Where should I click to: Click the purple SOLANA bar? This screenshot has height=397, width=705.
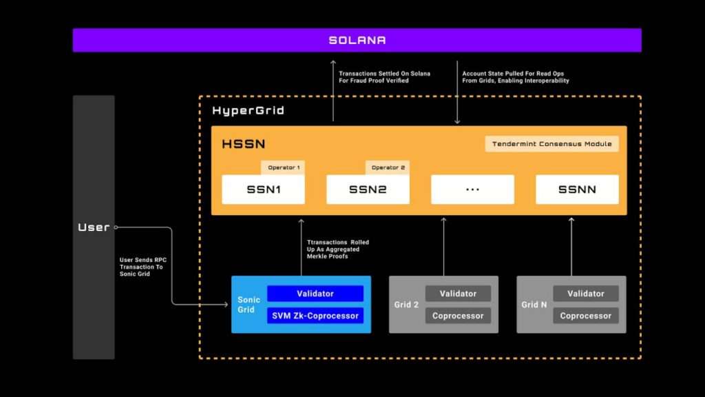357,40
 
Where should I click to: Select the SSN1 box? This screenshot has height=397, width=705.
263,190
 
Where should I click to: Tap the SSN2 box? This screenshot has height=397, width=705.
368,190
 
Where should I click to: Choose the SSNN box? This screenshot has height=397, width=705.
577,190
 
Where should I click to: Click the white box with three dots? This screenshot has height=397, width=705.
472,190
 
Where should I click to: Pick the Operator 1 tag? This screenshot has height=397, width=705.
282,167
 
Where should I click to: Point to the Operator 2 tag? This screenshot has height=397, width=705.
388,167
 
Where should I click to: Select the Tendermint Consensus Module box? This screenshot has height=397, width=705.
551,144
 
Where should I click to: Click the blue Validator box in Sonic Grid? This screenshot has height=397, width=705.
315,294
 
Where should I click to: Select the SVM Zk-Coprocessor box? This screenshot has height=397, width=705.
315,316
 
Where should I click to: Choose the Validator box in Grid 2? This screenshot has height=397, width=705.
458,294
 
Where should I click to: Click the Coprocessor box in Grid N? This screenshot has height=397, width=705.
585,316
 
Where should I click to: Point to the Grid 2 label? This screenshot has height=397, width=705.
406,305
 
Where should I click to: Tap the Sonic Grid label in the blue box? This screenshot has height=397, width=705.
248,305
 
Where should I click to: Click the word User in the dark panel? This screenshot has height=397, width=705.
94,227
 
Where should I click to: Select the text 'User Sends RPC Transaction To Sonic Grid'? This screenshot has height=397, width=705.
142,267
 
